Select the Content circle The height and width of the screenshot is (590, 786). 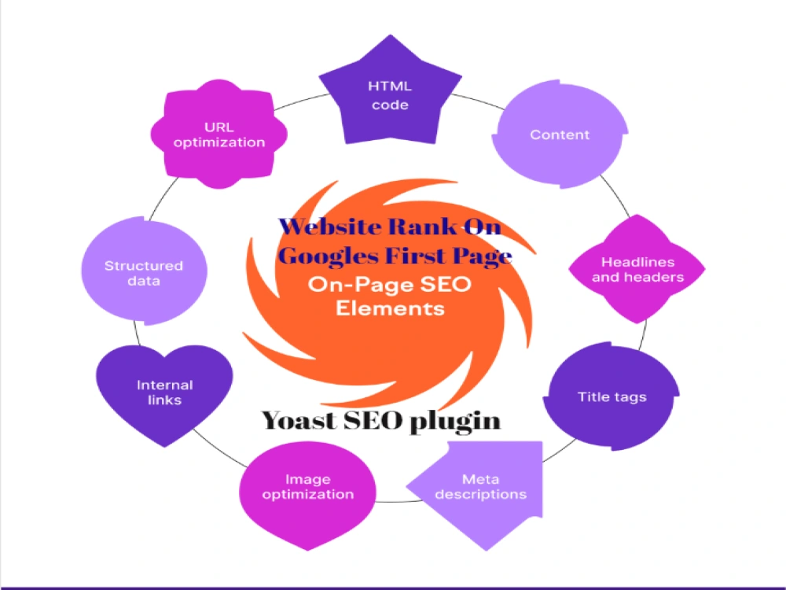(x=560, y=135)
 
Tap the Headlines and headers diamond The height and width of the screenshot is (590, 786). (x=637, y=269)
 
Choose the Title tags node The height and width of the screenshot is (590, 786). (x=612, y=396)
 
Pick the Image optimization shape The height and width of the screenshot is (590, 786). (x=307, y=494)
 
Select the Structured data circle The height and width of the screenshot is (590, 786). (x=144, y=271)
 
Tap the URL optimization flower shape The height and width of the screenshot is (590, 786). (x=219, y=134)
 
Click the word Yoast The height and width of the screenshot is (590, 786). (x=299, y=420)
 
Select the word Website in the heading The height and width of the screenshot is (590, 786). (x=330, y=227)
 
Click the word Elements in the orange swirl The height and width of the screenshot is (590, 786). (x=390, y=308)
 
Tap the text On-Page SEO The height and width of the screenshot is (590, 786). (x=390, y=285)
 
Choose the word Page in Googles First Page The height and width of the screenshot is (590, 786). (x=483, y=256)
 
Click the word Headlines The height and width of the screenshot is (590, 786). (x=637, y=262)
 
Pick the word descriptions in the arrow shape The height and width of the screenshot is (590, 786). (x=481, y=495)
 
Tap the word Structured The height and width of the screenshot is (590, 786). (x=144, y=266)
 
